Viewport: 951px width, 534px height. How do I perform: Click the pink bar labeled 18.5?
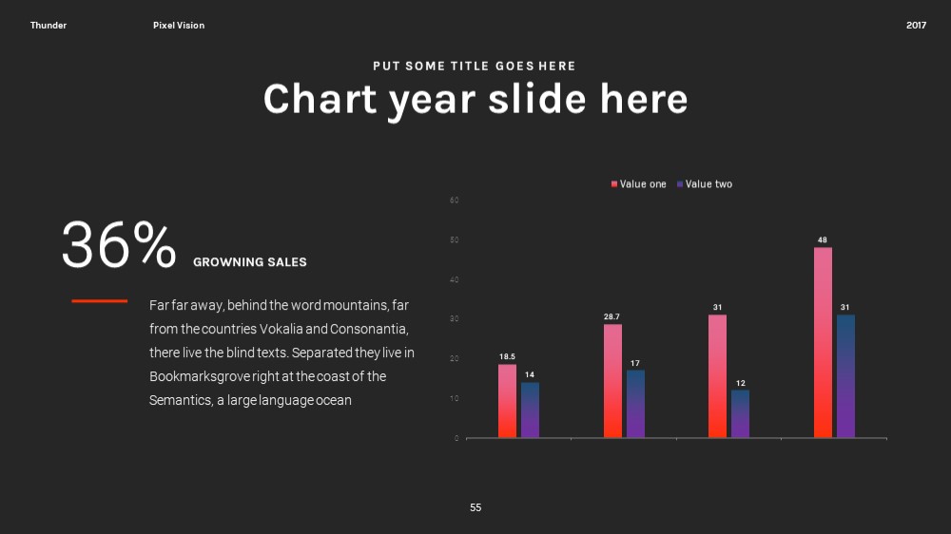click(x=507, y=401)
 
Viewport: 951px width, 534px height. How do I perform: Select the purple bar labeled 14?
click(x=530, y=410)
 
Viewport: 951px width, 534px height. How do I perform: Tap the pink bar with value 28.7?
click(x=612, y=381)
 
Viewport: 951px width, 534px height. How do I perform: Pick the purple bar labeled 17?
click(x=635, y=404)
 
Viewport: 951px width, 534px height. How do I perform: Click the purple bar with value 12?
click(x=740, y=413)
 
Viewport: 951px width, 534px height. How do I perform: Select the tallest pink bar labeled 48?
click(x=823, y=342)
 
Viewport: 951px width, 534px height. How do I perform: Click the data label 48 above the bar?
click(x=823, y=240)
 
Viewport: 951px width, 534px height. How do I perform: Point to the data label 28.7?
click(x=611, y=316)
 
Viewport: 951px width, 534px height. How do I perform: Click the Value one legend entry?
click(x=639, y=184)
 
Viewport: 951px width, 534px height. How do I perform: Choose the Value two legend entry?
click(x=705, y=184)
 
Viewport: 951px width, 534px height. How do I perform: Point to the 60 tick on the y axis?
click(x=455, y=200)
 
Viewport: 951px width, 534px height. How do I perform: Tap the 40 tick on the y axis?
click(x=455, y=280)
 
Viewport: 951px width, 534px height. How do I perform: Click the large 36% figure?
click(x=119, y=244)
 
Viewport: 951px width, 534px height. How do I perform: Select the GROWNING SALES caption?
click(x=250, y=262)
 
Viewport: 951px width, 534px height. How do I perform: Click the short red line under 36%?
click(x=100, y=300)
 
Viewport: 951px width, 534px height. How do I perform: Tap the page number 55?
click(x=475, y=508)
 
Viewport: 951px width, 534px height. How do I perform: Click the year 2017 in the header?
click(x=916, y=26)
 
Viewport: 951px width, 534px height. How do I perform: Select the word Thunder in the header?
click(x=49, y=26)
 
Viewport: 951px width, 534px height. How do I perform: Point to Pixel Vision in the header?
click(x=179, y=26)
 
